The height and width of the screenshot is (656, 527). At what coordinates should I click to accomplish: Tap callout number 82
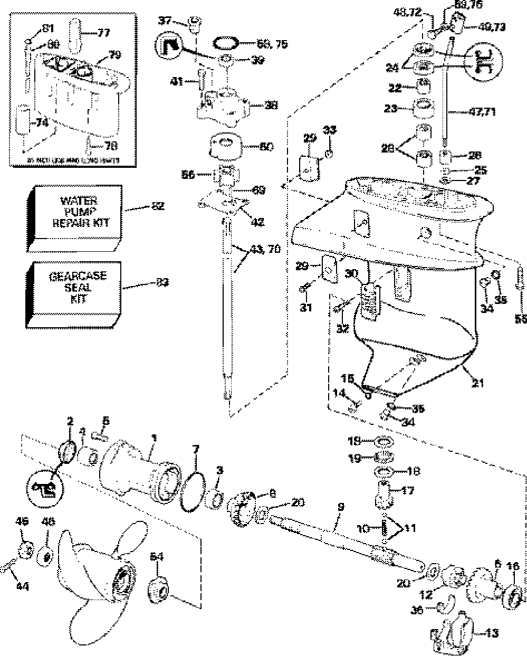(158, 207)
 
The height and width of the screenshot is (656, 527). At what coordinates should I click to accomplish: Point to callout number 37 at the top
(166, 21)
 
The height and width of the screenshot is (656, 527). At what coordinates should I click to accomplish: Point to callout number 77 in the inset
(103, 33)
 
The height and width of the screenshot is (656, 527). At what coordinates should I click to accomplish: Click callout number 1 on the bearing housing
(154, 438)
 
